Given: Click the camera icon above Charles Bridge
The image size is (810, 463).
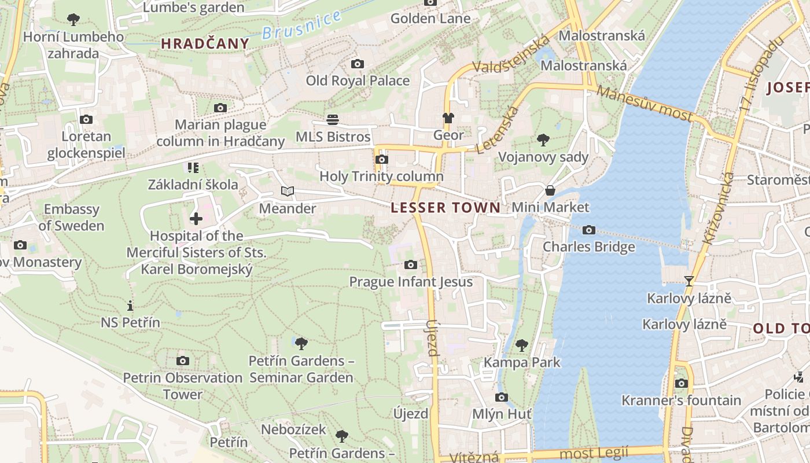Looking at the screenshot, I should [588, 230].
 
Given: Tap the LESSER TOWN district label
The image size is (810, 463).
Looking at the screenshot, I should [446, 208].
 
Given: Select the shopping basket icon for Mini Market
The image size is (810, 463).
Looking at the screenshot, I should [550, 190].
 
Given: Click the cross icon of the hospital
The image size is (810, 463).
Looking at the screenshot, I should [196, 218].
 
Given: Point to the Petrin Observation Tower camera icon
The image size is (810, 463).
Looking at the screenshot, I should [183, 361].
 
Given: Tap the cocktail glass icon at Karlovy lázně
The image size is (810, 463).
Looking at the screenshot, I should [689, 281].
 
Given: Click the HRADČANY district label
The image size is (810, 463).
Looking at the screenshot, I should [205, 43].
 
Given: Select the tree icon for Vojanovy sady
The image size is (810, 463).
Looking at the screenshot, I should [543, 139].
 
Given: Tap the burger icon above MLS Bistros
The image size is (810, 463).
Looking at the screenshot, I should [333, 120].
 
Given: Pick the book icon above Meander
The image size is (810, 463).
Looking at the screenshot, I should [288, 191].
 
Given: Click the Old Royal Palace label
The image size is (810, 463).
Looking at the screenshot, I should [358, 80].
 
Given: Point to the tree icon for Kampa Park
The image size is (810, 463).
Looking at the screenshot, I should [522, 346].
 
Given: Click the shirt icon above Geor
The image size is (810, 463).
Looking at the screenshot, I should [448, 118].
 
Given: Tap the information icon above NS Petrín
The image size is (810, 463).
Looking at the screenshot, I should [130, 305].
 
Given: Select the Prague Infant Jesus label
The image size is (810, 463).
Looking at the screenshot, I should [411, 282].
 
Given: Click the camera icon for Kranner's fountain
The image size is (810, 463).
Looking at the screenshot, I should [681, 383].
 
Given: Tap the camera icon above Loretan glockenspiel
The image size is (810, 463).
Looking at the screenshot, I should [86, 120].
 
